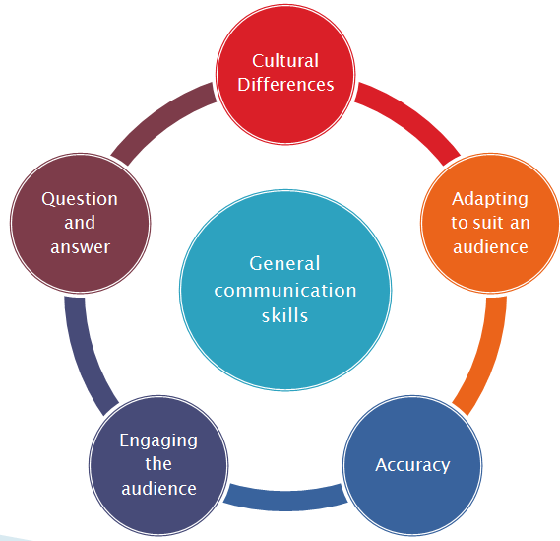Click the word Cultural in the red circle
(285, 60)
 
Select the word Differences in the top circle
(285, 85)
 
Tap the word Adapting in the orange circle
(489, 199)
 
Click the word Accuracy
(412, 464)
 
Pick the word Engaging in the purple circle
(158, 440)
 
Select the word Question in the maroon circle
(80, 199)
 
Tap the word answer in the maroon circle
(80, 246)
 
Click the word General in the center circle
(285, 264)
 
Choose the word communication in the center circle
(285, 291)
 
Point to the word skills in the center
(285, 316)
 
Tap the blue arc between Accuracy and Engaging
(285, 496)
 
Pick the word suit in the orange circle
(494, 223)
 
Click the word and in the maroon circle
(80, 223)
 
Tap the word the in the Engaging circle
(158, 464)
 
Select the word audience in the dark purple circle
(158, 488)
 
